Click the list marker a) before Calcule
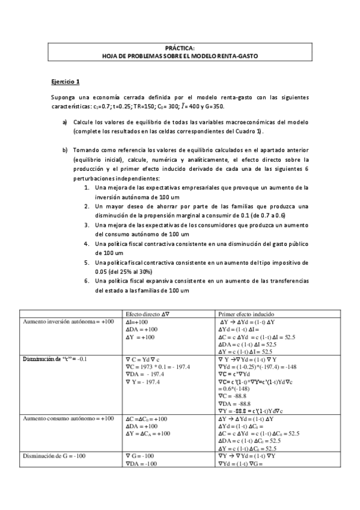click(65, 122)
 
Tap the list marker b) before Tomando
click(65, 150)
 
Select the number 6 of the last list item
click(87, 281)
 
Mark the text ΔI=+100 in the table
click(138, 322)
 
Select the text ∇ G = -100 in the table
click(141, 456)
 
